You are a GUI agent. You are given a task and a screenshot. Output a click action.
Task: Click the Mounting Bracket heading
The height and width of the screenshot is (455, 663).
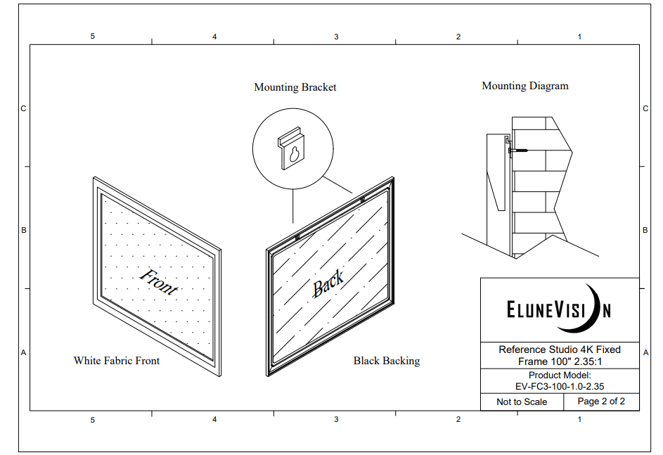pyautogui.click(x=295, y=87)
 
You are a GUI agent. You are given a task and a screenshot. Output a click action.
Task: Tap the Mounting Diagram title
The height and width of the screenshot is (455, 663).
pyautogui.click(x=525, y=86)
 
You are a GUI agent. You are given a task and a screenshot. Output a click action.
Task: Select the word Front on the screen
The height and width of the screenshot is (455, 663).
pyautogui.click(x=159, y=281)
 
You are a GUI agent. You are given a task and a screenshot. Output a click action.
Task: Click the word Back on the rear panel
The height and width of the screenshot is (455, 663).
pyautogui.click(x=328, y=283)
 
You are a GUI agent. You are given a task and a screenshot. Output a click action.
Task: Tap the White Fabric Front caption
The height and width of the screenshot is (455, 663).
pyautogui.click(x=117, y=361)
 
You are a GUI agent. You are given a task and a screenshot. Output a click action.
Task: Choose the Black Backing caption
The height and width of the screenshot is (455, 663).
pyautogui.click(x=387, y=361)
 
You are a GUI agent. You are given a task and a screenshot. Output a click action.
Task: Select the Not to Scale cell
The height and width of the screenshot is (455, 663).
pyautogui.click(x=522, y=402)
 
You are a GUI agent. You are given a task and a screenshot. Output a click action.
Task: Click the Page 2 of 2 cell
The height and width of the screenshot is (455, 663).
pyautogui.click(x=601, y=402)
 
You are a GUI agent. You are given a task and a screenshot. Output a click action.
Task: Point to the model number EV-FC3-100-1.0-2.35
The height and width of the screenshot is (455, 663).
pyautogui.click(x=560, y=387)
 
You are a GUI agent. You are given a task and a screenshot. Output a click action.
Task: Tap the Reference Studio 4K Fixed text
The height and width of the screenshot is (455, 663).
pyautogui.click(x=560, y=350)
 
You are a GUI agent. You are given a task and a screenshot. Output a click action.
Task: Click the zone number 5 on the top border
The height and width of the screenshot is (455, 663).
pyautogui.click(x=93, y=37)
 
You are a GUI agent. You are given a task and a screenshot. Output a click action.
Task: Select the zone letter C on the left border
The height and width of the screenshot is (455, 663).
pyautogui.click(x=24, y=109)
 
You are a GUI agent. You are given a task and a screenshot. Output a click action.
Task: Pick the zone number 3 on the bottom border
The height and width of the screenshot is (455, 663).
pyautogui.click(x=336, y=419)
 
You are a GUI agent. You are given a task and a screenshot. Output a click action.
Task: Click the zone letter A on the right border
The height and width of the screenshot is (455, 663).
pyautogui.click(x=645, y=352)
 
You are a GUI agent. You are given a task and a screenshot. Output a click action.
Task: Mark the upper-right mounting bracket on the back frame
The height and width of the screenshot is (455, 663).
pyautogui.click(x=362, y=200)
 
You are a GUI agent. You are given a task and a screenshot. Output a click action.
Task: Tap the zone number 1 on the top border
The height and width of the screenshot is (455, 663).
pyautogui.click(x=580, y=37)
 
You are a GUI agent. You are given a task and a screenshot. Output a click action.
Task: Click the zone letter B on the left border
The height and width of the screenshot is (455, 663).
pyautogui.click(x=24, y=231)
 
